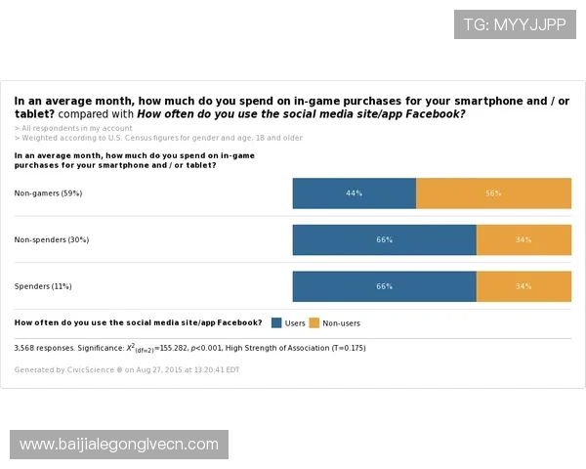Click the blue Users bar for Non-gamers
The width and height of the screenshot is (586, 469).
tap(354, 193)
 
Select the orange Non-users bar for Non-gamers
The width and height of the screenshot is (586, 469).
tap(493, 193)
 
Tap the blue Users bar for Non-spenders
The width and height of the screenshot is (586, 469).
tap(384, 239)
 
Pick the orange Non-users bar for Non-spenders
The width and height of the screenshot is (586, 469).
tap(523, 239)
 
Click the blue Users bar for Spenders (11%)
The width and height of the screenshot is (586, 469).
tap(384, 286)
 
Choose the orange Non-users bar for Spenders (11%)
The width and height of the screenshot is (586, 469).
tap(523, 286)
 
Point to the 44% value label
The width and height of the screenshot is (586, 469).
tap(354, 193)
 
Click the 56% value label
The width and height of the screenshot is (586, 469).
tap(493, 193)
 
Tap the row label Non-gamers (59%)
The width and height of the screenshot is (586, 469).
tap(48, 193)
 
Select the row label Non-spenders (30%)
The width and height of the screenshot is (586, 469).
tap(52, 239)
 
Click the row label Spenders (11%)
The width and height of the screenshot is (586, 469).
tap(43, 286)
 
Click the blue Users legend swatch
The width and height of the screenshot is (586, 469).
tap(276, 322)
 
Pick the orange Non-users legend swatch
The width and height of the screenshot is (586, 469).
tap(314, 322)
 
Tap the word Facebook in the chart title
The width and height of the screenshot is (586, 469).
tap(433, 113)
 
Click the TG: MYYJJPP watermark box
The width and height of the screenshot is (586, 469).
tap(514, 24)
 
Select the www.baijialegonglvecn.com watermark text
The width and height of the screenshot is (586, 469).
tap(119, 445)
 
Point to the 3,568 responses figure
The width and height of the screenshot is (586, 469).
tap(38, 347)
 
